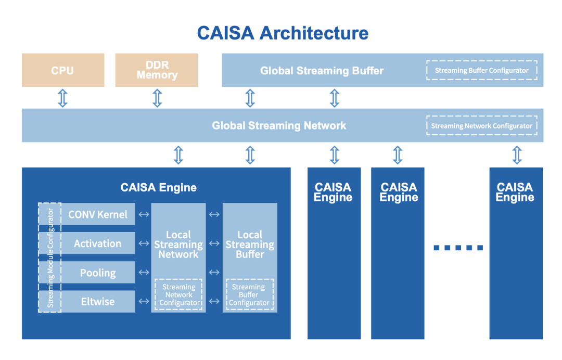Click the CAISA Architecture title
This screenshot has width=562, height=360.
[x=283, y=33]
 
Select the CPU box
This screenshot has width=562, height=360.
[x=62, y=70]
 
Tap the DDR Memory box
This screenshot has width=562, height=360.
[x=157, y=70]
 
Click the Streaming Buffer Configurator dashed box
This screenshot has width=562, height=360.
[x=481, y=70]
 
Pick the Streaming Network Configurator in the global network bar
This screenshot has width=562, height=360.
[x=481, y=125]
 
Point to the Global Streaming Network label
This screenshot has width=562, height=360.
[x=279, y=125]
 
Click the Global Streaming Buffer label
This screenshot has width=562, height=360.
[x=322, y=70]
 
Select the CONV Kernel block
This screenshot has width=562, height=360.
[x=98, y=214]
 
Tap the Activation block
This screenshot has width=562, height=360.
[x=98, y=243]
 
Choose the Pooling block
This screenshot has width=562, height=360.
[x=98, y=273]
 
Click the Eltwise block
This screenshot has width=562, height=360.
[x=98, y=302]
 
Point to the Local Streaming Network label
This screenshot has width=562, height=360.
[x=178, y=245]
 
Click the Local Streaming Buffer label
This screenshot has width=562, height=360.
[x=250, y=245]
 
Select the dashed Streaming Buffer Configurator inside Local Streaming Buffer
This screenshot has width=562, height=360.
[x=250, y=295]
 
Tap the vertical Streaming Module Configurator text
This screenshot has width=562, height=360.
[x=50, y=258]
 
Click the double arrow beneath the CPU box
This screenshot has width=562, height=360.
[x=62, y=98]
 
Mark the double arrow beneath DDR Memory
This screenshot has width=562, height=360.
[x=157, y=98]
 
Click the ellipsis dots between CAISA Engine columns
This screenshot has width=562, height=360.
[x=458, y=248]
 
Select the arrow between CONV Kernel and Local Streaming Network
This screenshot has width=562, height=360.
[x=143, y=214]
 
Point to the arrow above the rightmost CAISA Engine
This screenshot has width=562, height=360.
[x=517, y=155]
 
